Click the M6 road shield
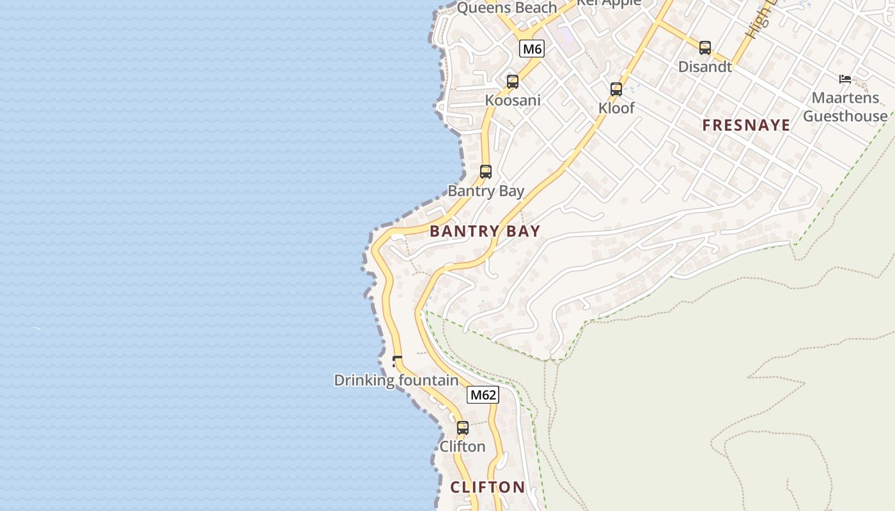(x=532, y=49)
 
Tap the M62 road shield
(x=483, y=395)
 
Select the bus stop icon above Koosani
(x=513, y=82)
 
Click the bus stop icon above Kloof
(x=616, y=89)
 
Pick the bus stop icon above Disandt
(x=705, y=48)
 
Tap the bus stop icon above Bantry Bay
(x=486, y=172)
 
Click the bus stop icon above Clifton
(x=463, y=428)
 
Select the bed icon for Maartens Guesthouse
(x=845, y=79)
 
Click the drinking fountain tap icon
(x=397, y=362)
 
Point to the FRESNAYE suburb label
(x=746, y=125)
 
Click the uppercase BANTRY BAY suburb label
(x=485, y=231)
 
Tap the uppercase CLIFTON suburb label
(x=488, y=487)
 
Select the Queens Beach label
(x=507, y=8)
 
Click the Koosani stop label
(x=513, y=100)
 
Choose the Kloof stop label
(x=616, y=108)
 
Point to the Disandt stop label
(x=705, y=66)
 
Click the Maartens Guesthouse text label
(x=845, y=107)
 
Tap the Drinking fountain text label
(x=396, y=381)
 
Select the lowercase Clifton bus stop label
(x=462, y=446)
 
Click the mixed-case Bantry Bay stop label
(x=486, y=191)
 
